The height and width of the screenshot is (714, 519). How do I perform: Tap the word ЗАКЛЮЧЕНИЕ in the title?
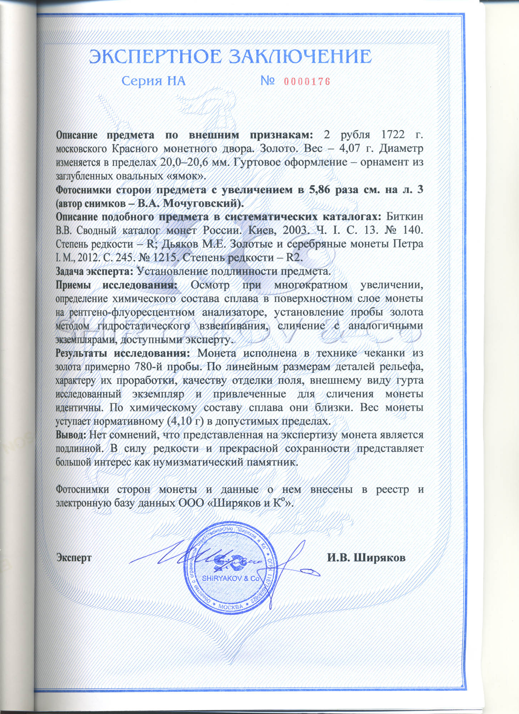[x=300, y=57]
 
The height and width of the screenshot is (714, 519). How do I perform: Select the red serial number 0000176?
[x=307, y=81]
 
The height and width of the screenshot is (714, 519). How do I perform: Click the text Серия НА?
[x=154, y=81]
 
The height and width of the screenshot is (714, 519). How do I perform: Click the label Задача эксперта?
[x=95, y=271]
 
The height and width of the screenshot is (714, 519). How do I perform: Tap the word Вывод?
[x=71, y=435]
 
